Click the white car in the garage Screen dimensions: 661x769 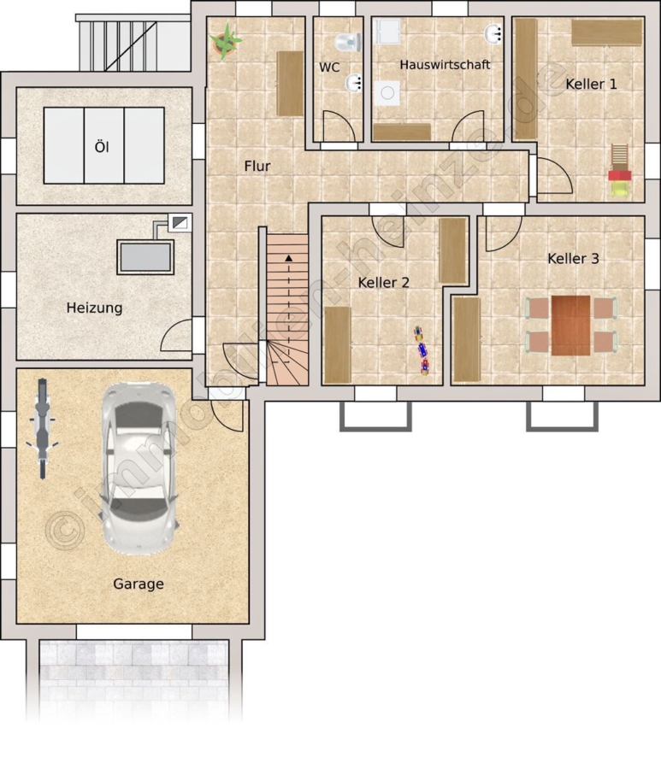pos(139,468)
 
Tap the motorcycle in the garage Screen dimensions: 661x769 pos(42,428)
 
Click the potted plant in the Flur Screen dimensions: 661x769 pos(225,41)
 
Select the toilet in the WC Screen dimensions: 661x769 pos(348,42)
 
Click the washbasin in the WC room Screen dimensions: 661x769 pos(354,84)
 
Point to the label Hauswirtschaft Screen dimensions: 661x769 pos(445,65)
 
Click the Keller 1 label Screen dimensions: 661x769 pos(591,84)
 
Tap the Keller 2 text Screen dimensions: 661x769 pos(383,283)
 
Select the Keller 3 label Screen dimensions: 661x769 pos(573,258)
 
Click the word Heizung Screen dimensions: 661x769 pos(94,308)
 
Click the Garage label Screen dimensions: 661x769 pos(139,584)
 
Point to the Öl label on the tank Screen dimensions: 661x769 pos(102,147)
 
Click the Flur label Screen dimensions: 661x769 pos(257,167)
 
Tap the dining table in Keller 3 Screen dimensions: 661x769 pos(570,326)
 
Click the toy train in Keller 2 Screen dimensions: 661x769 pos(422,350)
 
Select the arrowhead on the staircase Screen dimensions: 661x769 pos(288,257)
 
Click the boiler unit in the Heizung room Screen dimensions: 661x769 pos(145,257)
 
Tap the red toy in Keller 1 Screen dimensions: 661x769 pos(620,175)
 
